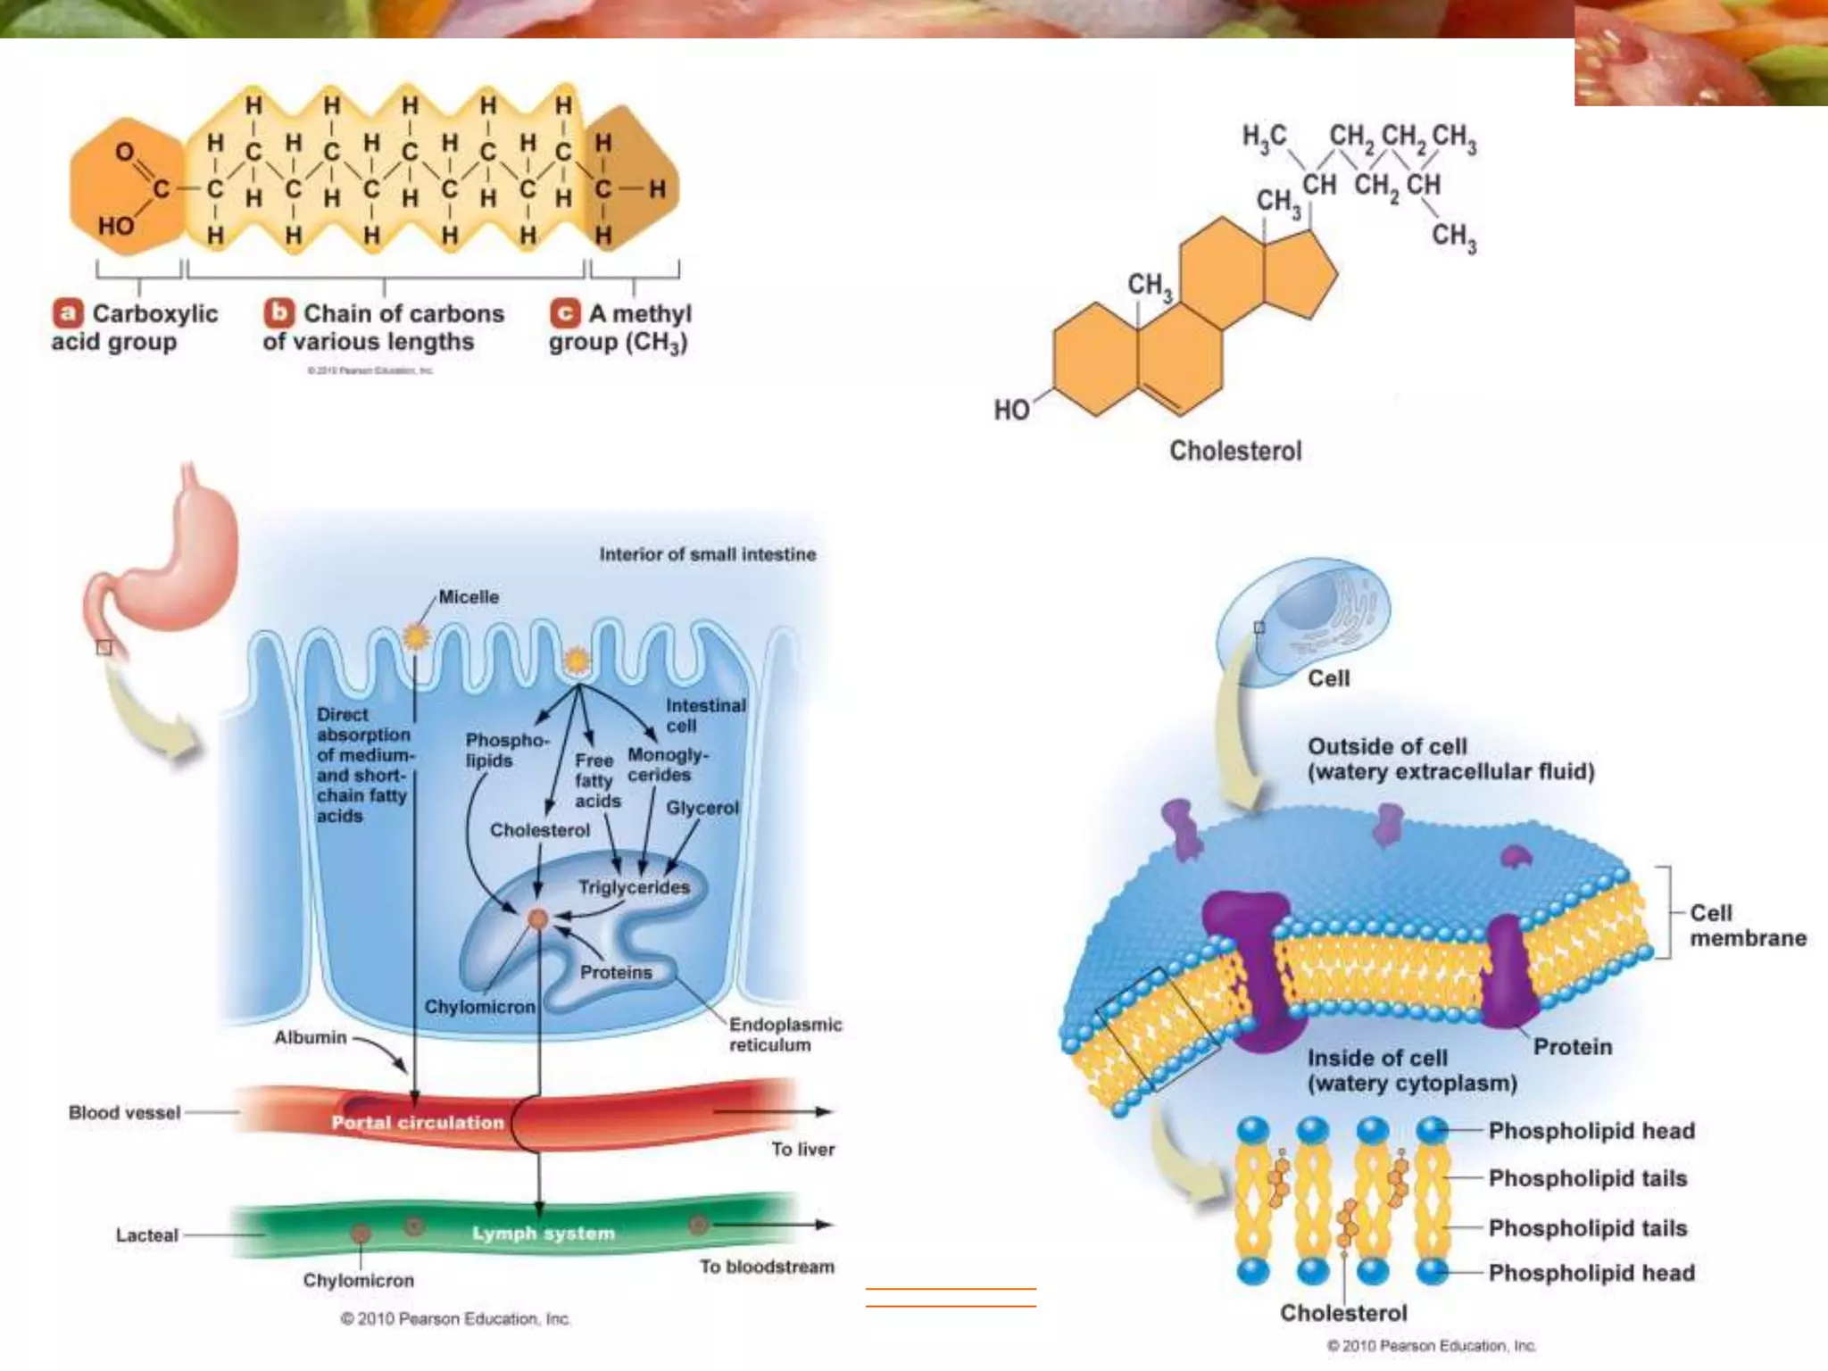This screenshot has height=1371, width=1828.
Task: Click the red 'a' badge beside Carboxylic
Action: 68,313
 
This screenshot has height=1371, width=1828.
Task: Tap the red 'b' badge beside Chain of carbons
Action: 279,312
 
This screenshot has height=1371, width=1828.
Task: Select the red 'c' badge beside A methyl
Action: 565,313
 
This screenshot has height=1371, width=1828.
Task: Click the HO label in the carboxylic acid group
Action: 116,226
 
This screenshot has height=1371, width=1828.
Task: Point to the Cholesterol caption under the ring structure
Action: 1235,451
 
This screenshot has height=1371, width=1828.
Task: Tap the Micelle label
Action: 469,597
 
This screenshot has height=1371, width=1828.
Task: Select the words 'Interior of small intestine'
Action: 708,554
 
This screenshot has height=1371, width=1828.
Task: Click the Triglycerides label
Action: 634,887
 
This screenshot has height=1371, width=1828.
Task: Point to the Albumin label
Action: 310,1037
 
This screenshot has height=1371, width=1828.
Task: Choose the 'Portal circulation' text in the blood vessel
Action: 418,1123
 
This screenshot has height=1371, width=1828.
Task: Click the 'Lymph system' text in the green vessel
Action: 544,1234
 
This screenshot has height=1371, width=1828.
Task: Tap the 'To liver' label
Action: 803,1150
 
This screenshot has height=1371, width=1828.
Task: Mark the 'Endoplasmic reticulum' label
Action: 785,1034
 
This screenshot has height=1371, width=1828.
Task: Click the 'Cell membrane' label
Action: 1747,926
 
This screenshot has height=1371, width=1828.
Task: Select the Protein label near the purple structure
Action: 1573,1047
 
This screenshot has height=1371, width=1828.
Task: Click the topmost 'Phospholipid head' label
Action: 1591,1131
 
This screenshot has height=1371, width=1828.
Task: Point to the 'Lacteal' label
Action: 146,1235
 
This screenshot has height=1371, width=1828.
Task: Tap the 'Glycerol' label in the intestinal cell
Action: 702,808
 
